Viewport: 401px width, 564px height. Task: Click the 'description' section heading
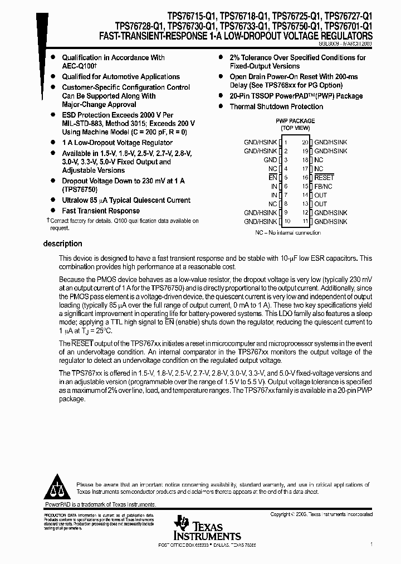(62, 244)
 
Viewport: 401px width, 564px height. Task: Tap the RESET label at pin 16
(324, 177)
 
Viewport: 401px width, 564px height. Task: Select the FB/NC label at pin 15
(324, 186)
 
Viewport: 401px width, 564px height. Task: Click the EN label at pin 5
(272, 177)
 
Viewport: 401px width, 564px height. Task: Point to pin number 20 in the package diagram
(305, 142)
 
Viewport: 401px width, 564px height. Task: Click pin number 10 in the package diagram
(287, 221)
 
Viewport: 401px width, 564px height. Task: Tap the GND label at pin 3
(270, 159)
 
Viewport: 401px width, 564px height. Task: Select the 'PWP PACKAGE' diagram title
(295, 120)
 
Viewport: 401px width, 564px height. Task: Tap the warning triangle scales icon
(56, 489)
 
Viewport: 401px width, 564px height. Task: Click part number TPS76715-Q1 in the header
(179, 17)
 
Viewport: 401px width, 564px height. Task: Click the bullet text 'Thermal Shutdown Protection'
(276, 106)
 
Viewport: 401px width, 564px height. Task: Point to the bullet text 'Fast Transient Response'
(101, 211)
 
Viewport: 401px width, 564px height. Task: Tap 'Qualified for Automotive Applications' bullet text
(121, 76)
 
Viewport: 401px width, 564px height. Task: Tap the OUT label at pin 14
(320, 195)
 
